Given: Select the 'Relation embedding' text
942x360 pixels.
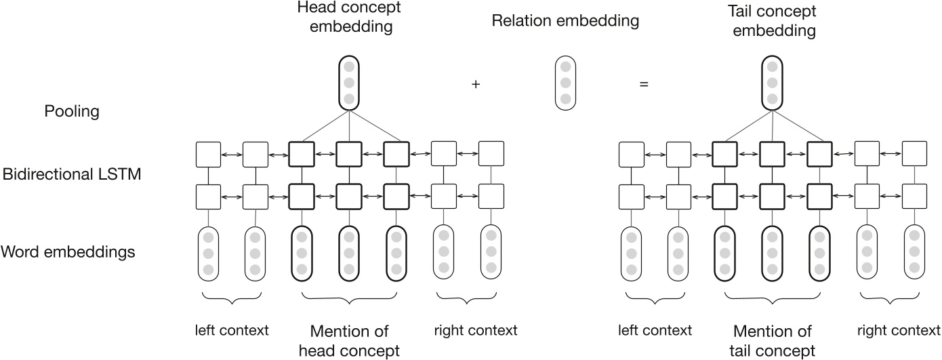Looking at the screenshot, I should point(565,21).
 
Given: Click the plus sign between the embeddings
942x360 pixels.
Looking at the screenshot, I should point(476,85).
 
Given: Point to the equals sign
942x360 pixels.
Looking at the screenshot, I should point(644,85).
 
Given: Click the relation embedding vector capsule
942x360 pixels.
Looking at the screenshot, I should point(565,83).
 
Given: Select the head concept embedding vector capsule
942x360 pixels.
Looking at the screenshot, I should point(348,83).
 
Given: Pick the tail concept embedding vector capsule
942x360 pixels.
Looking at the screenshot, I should point(772,83).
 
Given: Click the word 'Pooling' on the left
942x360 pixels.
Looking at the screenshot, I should point(72,111).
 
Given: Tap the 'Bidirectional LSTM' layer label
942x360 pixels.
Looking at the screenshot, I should point(72,175).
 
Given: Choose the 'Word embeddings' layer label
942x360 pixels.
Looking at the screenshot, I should point(68,252).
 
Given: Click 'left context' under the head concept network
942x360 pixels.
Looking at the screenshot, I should point(232,330).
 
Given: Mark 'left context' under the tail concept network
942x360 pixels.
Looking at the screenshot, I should point(655,330).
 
